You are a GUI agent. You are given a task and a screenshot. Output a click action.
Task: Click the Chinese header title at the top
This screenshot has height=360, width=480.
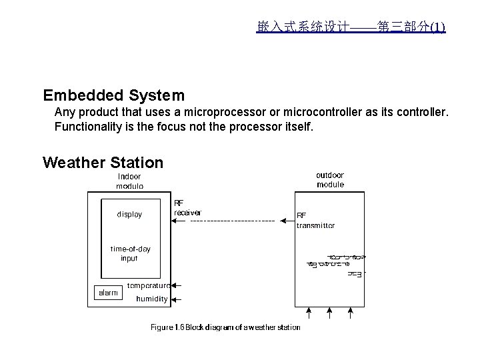pos(351,27)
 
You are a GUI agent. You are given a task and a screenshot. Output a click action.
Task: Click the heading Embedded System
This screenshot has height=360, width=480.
pos(113,95)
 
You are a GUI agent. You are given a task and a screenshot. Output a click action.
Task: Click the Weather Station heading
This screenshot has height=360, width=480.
pos(103,163)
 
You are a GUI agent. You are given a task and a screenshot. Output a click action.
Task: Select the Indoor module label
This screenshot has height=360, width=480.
pos(130,181)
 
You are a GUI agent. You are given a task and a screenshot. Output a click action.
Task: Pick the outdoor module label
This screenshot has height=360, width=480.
pos(330,180)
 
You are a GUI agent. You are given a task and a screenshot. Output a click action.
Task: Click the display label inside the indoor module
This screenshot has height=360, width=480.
pos(129,215)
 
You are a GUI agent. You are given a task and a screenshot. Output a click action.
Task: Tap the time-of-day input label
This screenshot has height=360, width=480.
pos(130,253)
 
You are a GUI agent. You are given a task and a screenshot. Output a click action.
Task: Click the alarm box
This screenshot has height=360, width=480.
pos(107,293)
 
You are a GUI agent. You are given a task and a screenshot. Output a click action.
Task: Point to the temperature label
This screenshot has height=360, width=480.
pos(149,285)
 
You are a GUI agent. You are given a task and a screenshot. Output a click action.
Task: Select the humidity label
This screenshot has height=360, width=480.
pos(151,299)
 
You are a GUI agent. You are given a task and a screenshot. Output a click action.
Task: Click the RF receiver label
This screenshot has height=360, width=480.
pos(187,208)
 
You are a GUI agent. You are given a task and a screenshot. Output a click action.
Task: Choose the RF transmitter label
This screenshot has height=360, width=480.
pos(315,221)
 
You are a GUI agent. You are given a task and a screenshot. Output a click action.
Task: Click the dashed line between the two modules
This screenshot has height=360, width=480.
pos(233,220)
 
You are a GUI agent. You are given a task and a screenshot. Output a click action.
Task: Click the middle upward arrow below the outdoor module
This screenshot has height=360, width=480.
pos(328,312)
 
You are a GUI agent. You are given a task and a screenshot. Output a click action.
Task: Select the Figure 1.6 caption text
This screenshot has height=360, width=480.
pos(225,327)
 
